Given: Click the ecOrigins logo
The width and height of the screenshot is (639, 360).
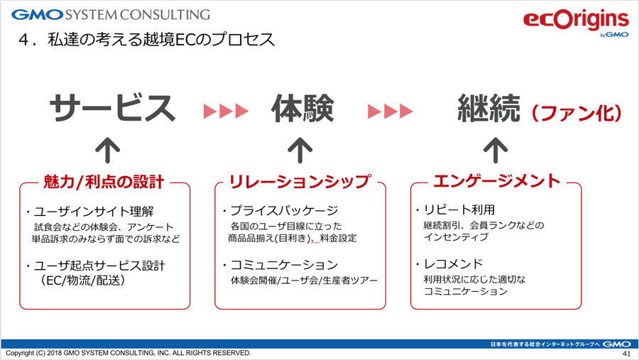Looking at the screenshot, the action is [576, 23].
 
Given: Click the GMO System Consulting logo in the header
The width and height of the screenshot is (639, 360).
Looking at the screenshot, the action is [111, 15].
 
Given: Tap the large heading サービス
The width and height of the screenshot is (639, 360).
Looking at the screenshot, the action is [112, 108].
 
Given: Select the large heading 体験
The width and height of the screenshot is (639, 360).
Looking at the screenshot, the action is [302, 108].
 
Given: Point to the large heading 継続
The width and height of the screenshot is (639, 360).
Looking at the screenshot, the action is [489, 108].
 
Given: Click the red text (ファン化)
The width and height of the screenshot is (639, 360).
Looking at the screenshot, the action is [577, 113].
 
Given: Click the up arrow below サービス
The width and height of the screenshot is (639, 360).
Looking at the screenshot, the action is [108, 150].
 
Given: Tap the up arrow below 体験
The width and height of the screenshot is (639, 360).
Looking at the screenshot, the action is [300, 150].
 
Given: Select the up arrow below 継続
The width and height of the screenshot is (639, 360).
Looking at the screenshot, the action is [496, 150].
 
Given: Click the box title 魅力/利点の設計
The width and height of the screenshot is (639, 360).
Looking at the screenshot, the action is [104, 182].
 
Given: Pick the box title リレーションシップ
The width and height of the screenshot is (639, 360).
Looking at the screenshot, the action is [300, 182].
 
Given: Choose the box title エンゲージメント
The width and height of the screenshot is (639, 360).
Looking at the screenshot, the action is [497, 181].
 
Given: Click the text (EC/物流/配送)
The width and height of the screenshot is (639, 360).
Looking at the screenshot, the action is [82, 280].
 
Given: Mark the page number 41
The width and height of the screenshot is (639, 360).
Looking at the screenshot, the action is [626, 354].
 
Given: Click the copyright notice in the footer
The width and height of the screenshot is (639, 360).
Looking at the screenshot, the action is [129, 353].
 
